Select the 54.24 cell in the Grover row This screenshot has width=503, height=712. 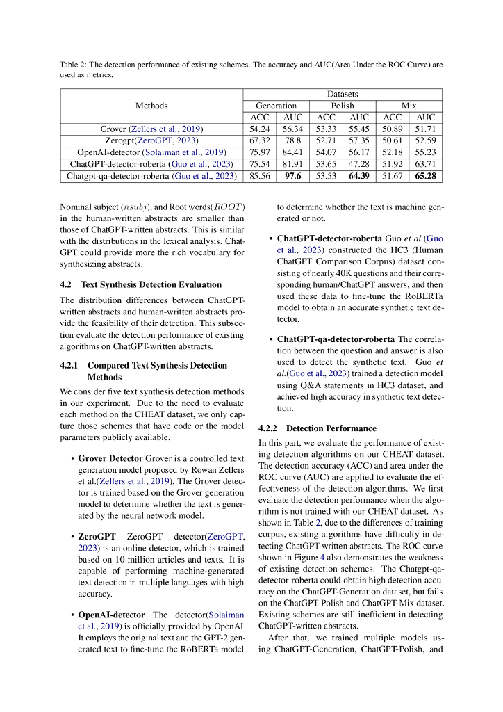259,129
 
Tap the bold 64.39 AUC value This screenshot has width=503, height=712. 359,177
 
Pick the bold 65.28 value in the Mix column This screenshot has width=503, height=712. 425,177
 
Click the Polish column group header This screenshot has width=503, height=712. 343,106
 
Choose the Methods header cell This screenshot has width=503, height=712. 151,106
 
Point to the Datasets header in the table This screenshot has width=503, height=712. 343,94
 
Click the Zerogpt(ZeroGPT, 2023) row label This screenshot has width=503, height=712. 151,141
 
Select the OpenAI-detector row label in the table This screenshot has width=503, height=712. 151,153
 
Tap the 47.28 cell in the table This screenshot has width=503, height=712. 359,165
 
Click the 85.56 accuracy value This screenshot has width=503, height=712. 259,177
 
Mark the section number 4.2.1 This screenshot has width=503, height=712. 72,365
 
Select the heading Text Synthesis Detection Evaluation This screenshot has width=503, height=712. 151,284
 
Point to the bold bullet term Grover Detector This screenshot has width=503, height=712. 110,459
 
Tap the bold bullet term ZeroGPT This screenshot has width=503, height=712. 97,536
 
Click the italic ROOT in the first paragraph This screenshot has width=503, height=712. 227,207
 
